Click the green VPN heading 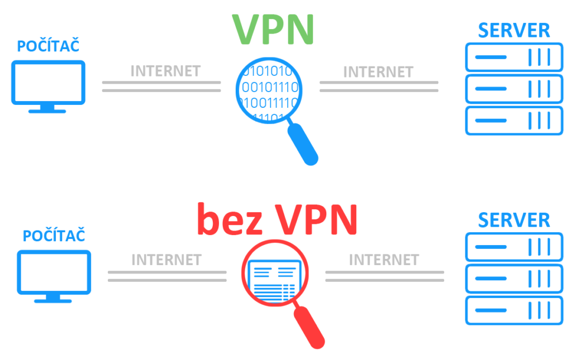[273, 28]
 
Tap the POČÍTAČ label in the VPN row [48, 46]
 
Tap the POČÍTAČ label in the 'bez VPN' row [54, 236]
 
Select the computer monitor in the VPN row [48, 84]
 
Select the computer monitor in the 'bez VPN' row [54, 274]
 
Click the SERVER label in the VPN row [514, 30]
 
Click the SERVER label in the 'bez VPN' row [514, 220]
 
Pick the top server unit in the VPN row [514, 57]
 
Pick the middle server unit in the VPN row [514, 89]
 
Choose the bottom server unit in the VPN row [514, 120]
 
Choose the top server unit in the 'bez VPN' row [514, 247]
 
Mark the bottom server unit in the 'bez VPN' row [514, 310]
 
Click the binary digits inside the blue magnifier [267, 88]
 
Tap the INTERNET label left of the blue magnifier [165, 71]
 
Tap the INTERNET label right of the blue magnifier [378, 72]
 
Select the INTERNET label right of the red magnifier [384, 260]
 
